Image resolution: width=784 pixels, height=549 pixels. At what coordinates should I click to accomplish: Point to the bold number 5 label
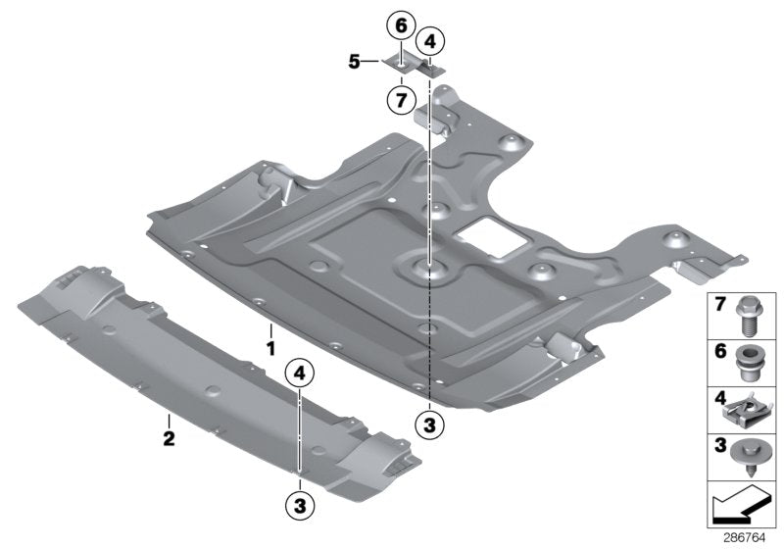[x=354, y=61]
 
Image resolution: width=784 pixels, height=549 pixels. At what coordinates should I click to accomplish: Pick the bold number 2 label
[x=169, y=439]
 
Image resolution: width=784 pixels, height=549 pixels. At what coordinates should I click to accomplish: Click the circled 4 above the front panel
[x=299, y=374]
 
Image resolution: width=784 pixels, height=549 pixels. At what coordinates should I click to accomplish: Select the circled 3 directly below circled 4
[x=299, y=505]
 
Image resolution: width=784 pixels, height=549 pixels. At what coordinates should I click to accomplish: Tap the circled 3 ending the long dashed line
[x=429, y=424]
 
